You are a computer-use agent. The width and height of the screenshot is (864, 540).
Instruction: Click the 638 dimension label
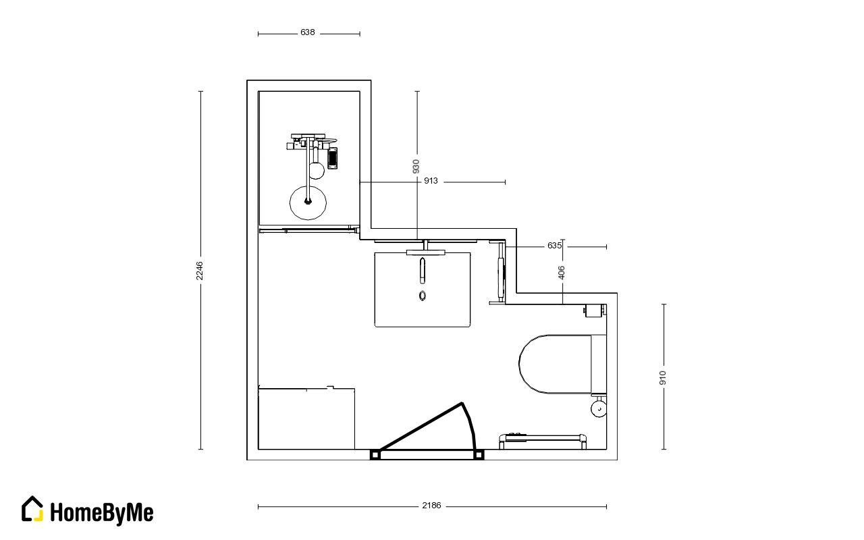click(307, 32)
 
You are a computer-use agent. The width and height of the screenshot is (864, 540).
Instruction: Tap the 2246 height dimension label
click(199, 271)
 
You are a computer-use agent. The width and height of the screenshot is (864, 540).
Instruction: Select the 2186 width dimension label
click(431, 506)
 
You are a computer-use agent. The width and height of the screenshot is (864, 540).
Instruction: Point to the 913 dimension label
click(431, 180)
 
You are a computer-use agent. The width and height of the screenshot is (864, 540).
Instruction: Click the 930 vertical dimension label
click(416, 166)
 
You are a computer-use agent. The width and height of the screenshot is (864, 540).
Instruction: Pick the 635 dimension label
click(554, 245)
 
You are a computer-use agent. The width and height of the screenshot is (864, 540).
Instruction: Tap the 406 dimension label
click(562, 272)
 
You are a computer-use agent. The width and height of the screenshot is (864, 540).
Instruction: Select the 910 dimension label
click(663, 377)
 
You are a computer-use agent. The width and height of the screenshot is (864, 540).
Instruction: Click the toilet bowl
click(555, 364)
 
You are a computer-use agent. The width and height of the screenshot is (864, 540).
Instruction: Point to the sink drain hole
click(423, 296)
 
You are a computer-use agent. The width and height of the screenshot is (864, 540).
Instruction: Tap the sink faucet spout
click(423, 271)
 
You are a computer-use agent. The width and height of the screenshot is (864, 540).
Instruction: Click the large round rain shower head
click(308, 203)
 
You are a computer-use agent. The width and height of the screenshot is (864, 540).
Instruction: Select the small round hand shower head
click(317, 171)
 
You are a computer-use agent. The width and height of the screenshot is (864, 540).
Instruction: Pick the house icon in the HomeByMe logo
click(32, 509)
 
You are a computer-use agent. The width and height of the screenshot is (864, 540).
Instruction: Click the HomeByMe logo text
click(102, 513)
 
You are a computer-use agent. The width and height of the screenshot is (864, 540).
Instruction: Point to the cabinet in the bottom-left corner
click(306, 419)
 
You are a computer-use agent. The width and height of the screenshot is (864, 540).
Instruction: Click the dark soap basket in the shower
click(333, 158)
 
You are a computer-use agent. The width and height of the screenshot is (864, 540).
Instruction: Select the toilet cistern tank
click(599, 364)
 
